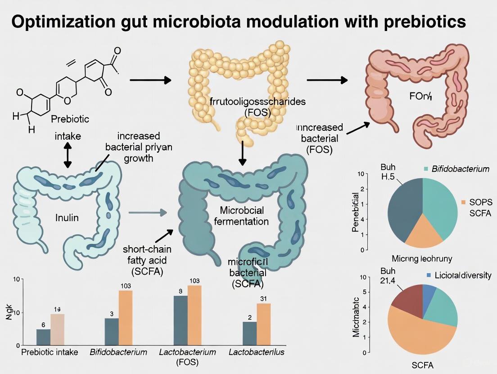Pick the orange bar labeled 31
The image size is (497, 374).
click(263, 323)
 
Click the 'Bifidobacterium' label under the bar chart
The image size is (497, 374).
click(118, 352)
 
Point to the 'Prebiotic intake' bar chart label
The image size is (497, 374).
click(50, 352)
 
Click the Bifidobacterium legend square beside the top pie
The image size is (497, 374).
click(425, 169)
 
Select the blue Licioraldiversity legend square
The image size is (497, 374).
click(429, 275)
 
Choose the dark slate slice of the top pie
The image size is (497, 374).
click(402, 207)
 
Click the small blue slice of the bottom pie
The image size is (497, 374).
click(430, 292)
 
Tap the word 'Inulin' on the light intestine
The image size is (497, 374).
click(67, 218)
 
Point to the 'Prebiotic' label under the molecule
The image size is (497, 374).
click(70, 119)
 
